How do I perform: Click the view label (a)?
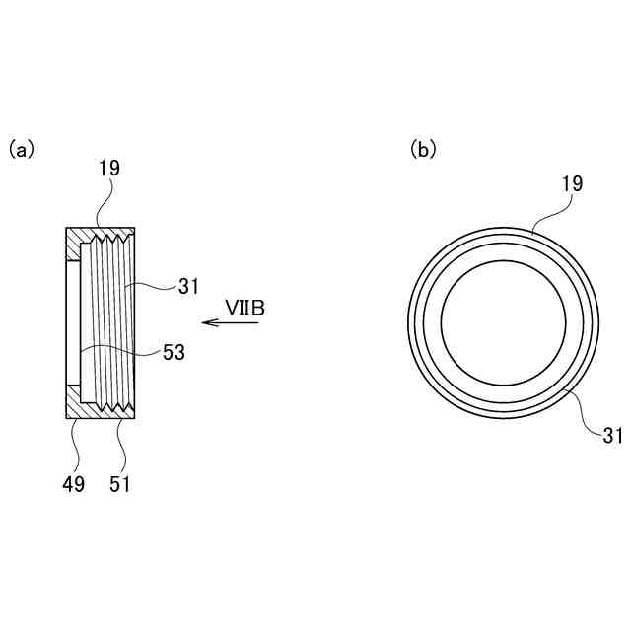pos(22,149)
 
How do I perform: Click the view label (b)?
pos(423,149)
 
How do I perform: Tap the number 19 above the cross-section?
pos(109,169)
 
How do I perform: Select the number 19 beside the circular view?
pos(572,183)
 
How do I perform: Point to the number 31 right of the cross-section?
pos(189,287)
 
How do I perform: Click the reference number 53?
pos(175,351)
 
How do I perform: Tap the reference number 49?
pos(73,483)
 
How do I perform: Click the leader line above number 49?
pos(72,444)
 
